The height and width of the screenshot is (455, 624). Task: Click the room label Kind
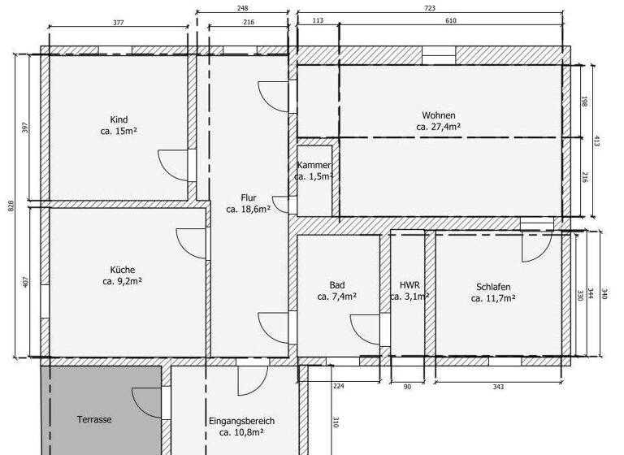[119, 119]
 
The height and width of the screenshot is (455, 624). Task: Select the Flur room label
[248, 197]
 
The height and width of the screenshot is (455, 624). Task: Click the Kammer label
[314, 165]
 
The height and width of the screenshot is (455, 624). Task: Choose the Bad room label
[336, 285]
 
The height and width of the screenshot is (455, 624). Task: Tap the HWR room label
[409, 285]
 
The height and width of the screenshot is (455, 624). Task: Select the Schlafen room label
[493, 287]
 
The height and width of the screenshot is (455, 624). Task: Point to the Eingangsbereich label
[241, 421]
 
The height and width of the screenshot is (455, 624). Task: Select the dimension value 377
[118, 23]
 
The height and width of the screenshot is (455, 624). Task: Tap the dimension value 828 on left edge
[11, 206]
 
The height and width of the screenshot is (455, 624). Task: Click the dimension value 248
[242, 8]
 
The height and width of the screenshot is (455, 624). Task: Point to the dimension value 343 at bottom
[499, 387]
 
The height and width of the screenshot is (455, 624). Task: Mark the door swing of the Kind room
[173, 167]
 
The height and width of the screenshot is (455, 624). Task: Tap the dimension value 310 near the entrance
[335, 422]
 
